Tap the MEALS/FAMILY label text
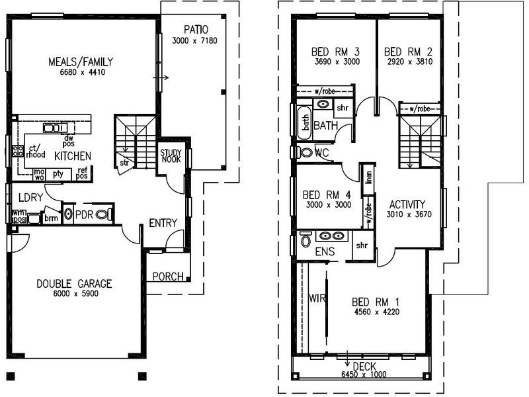pyautogui.click(x=78, y=62)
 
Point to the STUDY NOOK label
pyautogui.click(x=171, y=157)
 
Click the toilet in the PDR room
pyautogui.click(x=102, y=214)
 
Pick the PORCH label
pyautogui.click(x=168, y=276)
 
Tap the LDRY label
pyautogui.click(x=31, y=197)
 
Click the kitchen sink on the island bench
pyautogui.click(x=52, y=128)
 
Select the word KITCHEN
pyautogui.click(x=73, y=155)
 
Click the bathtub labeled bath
pyautogui.click(x=305, y=122)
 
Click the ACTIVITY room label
pyautogui.click(x=407, y=204)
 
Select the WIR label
pyautogui.click(x=318, y=298)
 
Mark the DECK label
pyautogui.click(x=364, y=366)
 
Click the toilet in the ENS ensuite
pyautogui.click(x=305, y=241)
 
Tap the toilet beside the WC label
pyautogui.click(x=305, y=153)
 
